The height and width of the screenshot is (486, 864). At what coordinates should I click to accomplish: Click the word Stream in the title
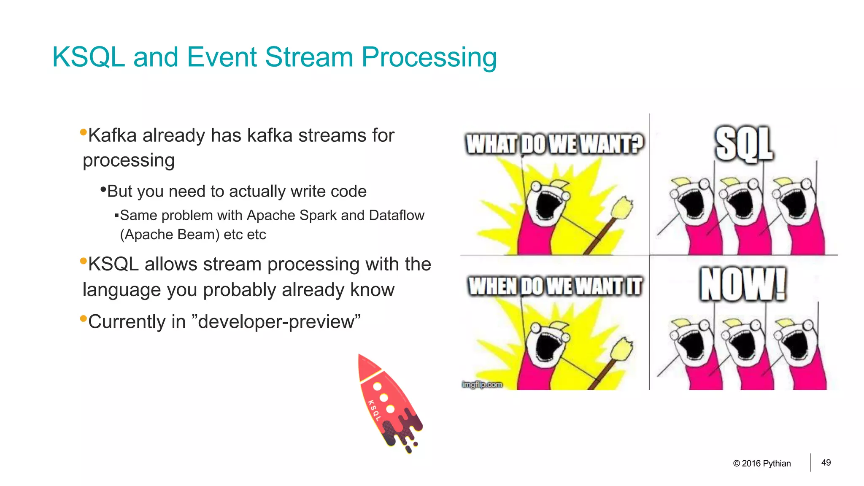tap(309, 57)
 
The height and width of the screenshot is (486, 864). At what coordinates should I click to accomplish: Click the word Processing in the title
tap(429, 58)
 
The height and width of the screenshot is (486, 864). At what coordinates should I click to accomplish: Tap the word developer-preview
tap(279, 321)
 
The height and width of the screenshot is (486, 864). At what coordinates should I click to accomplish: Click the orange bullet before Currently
tap(83, 318)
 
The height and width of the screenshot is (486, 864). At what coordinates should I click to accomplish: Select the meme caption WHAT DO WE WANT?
tap(554, 144)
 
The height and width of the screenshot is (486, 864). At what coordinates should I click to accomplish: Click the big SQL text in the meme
tap(744, 144)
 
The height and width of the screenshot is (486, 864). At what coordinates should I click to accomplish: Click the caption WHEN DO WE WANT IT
tap(555, 286)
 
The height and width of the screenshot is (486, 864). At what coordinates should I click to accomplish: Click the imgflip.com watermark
tap(482, 384)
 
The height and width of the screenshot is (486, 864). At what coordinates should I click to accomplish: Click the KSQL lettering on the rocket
tap(374, 410)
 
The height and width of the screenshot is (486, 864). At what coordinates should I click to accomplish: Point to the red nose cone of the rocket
tap(367, 366)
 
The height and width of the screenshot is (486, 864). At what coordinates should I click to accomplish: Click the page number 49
tap(826, 463)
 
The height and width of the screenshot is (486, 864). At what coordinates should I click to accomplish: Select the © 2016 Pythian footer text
tap(761, 463)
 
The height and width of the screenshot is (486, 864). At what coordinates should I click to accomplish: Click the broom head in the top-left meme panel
tap(621, 208)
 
